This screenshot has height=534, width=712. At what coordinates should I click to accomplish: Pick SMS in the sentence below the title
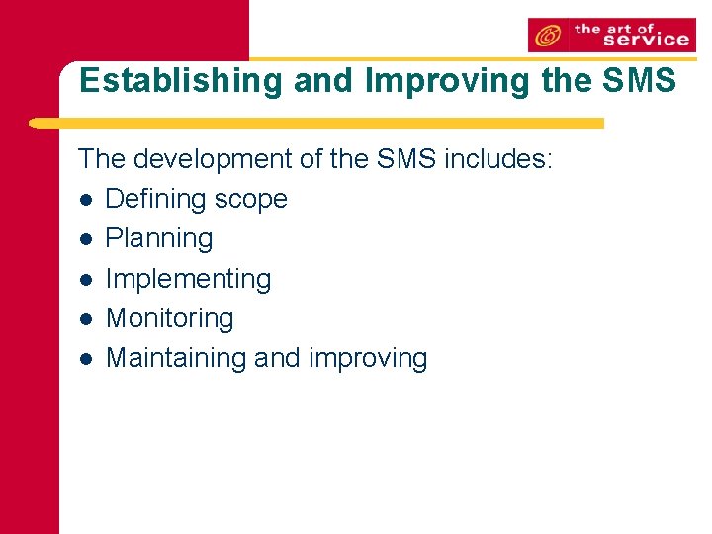(407, 159)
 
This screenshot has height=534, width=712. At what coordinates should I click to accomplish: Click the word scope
(252, 200)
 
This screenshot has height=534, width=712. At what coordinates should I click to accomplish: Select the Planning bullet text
(159, 239)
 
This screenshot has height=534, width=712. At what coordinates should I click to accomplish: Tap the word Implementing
(188, 279)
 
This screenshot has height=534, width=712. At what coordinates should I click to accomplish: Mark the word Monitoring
(169, 318)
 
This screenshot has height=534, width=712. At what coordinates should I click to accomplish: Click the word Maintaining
(176, 358)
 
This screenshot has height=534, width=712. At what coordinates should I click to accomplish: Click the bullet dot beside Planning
(87, 239)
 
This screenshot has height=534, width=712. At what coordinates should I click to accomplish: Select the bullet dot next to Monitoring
(87, 319)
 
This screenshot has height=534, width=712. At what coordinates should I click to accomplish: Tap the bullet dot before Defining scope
(87, 200)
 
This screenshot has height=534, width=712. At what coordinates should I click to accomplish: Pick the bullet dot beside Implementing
(87, 279)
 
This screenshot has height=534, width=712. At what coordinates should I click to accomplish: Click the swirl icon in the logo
(548, 37)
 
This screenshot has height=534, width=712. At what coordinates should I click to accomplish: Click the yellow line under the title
(316, 124)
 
